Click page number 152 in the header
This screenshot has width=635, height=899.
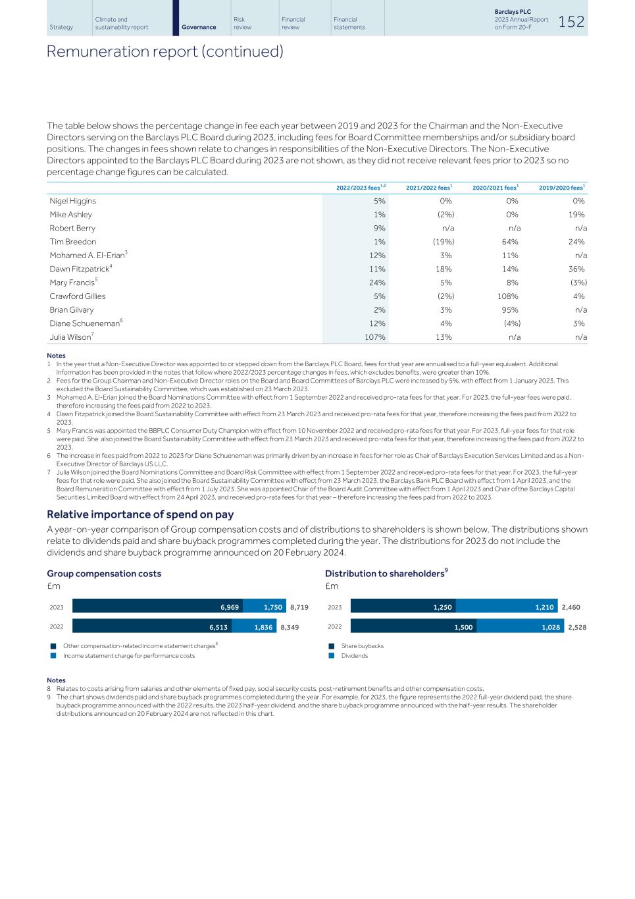point(571,22)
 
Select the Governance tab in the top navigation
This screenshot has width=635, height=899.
point(198,27)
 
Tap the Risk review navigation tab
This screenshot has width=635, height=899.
point(242,23)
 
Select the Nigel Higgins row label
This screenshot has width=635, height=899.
point(73,201)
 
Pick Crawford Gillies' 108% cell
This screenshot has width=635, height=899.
point(508,296)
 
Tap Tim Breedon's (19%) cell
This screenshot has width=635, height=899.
point(443,242)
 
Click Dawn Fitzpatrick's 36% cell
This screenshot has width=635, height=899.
point(576,269)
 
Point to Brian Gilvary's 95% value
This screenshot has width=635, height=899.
point(510,310)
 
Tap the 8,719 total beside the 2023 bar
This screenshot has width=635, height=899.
point(299,607)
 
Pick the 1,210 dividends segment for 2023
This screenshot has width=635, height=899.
point(507,607)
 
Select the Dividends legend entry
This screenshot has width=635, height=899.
point(354,655)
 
